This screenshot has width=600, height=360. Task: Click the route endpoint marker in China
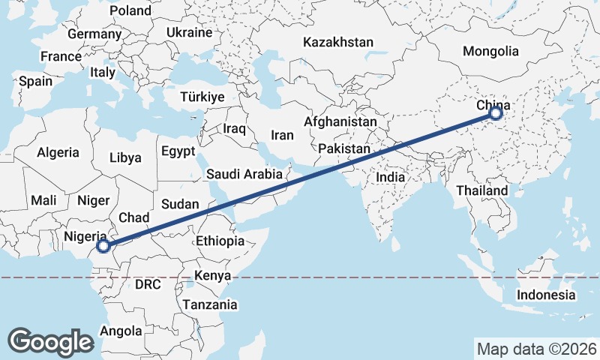point(495,113)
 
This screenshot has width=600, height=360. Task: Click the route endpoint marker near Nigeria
point(104,245)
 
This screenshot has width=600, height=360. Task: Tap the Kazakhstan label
point(337,43)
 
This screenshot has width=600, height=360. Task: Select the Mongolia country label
point(490,52)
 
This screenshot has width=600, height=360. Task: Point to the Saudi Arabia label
point(244,175)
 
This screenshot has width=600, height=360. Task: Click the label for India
point(390,178)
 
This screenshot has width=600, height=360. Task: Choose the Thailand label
point(481,190)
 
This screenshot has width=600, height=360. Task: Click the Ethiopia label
point(220,241)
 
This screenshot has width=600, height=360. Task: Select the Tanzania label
point(209,304)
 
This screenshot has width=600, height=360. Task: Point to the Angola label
point(121,331)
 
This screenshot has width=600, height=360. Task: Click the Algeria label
point(58,152)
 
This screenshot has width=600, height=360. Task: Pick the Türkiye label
point(202,97)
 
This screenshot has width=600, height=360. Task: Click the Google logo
point(50,341)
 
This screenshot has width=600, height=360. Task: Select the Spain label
point(35,81)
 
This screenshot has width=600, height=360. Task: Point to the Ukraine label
point(189,33)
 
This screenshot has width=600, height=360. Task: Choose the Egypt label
point(178,151)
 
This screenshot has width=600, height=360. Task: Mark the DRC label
point(148,285)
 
